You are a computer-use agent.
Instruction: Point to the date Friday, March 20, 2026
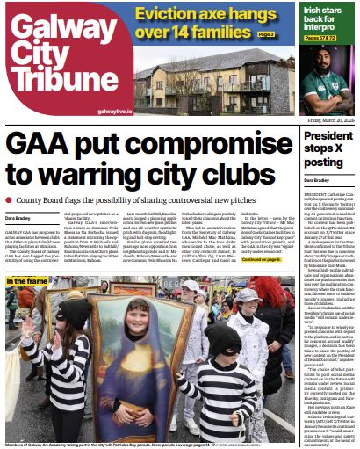pos(324,119)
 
